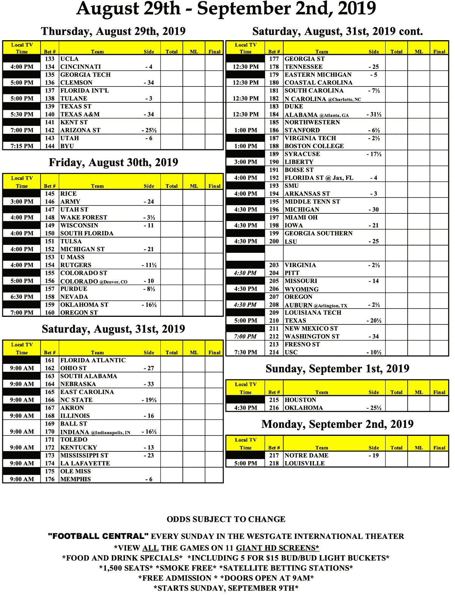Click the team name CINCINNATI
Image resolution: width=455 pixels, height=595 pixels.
tap(81, 67)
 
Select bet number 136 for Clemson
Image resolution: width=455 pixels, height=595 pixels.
tap(50, 83)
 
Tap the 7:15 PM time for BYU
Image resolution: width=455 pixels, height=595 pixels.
tap(22, 146)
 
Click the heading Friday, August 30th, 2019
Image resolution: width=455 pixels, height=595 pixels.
tap(113, 163)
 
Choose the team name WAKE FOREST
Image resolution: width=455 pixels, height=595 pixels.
tap(84, 218)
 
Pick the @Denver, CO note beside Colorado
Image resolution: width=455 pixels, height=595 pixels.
tap(113, 282)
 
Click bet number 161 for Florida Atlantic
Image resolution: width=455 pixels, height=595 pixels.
tap(50, 360)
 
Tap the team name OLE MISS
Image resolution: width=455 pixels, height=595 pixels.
tap(75, 471)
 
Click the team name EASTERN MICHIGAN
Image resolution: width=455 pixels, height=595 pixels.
tap(318, 75)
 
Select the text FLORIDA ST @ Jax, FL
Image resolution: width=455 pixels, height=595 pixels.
tap(319, 178)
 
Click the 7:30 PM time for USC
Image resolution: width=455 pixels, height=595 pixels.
tap(245, 352)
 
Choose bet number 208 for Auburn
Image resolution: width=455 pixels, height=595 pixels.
tap(274, 305)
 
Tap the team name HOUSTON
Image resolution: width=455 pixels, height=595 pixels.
tap(300, 400)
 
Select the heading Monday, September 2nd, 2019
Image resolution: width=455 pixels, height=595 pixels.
tap(337, 424)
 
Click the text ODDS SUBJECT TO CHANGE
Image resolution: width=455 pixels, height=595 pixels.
tap(226, 519)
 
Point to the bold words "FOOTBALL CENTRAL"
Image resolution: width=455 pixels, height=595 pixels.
tap(98, 536)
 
